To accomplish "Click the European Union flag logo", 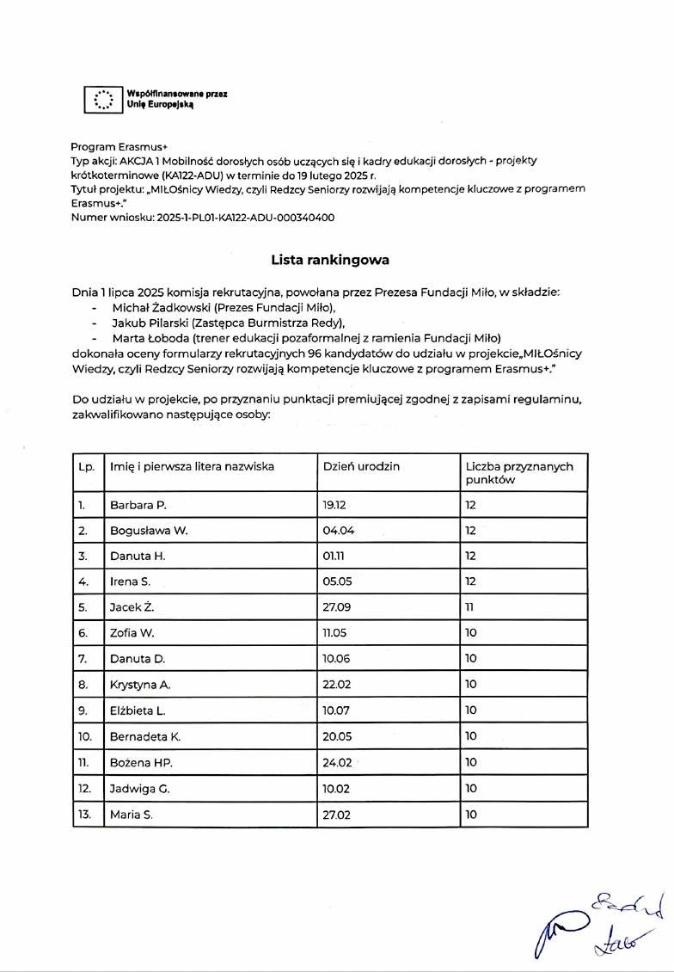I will click(x=103, y=100).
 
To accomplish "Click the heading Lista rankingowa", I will click(x=330, y=258).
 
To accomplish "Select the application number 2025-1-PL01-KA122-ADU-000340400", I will click(x=246, y=218).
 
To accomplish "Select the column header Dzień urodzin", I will click(x=361, y=466).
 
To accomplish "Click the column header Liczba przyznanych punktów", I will click(x=519, y=473).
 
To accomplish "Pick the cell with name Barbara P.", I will click(x=138, y=505).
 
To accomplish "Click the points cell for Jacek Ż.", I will click(x=470, y=607).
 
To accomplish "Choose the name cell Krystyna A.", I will click(x=141, y=685).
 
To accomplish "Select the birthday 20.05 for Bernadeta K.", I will click(x=338, y=736).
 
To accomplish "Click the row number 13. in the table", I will click(x=84, y=814).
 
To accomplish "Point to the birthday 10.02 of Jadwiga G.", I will click(x=338, y=788).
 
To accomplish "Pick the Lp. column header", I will click(x=86, y=466).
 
